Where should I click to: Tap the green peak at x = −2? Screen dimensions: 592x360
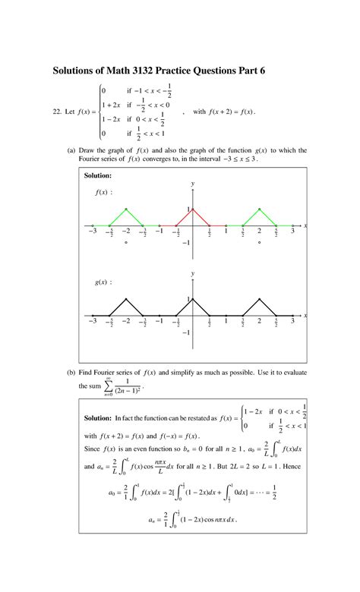(x=126, y=209)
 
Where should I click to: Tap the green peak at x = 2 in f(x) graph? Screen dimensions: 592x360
(x=259, y=209)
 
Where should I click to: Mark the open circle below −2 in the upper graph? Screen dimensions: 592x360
(x=126, y=243)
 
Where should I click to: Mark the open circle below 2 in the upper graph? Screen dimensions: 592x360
(x=259, y=243)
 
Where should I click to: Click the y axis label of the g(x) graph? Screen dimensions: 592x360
(x=193, y=273)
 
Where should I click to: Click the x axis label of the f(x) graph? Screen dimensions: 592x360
(x=305, y=225)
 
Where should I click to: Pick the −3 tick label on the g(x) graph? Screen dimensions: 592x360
(x=92, y=322)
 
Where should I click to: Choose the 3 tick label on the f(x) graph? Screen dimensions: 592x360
(x=292, y=231)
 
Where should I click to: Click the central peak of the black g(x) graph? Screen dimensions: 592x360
(x=192, y=299)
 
